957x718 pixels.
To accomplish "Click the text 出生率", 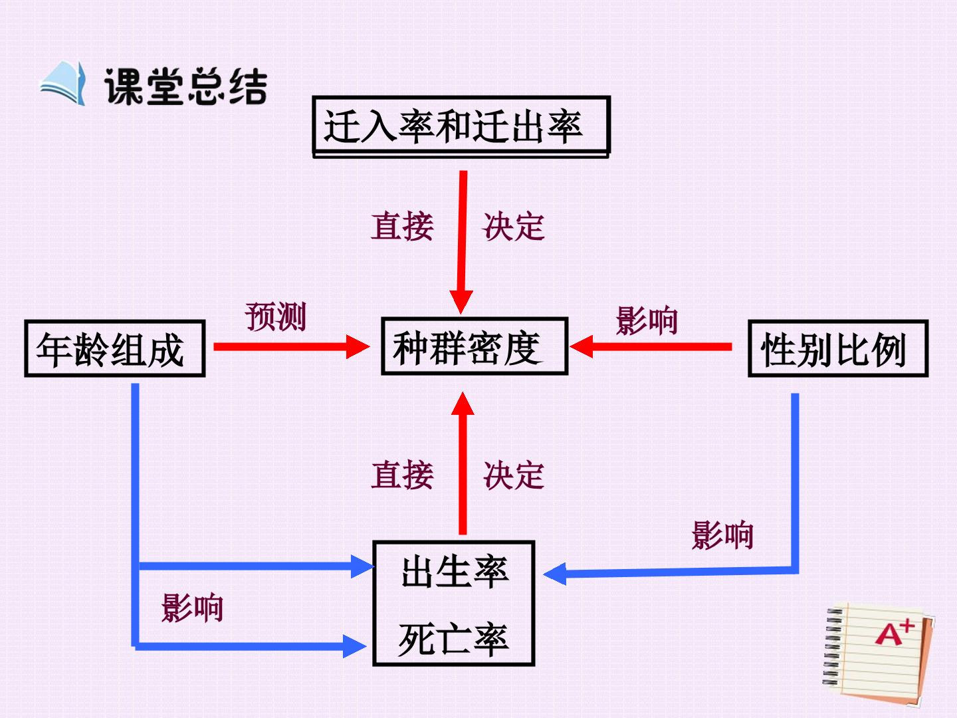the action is point(455,572).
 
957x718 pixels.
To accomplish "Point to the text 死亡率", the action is point(453,639).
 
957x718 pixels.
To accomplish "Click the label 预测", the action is point(276,317).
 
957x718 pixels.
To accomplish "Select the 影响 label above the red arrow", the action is point(647,320).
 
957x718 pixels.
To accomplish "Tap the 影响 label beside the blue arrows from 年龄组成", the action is point(192,607).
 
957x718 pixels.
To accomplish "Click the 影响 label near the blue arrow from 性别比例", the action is point(722,535).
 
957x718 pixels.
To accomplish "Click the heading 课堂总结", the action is point(185,86).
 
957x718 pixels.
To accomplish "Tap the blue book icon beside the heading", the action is point(63,83).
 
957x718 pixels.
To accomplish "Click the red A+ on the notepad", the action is point(895,632).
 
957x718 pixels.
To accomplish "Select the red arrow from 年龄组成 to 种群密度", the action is point(292,346).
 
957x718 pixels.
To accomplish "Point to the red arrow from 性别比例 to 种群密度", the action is point(651,346).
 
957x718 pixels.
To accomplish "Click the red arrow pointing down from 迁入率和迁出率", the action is point(462,243).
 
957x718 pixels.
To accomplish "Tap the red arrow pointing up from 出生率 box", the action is point(463,463).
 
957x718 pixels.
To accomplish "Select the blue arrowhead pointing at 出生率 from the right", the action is point(554,574).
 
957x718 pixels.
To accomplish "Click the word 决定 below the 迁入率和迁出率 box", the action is point(514,227).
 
